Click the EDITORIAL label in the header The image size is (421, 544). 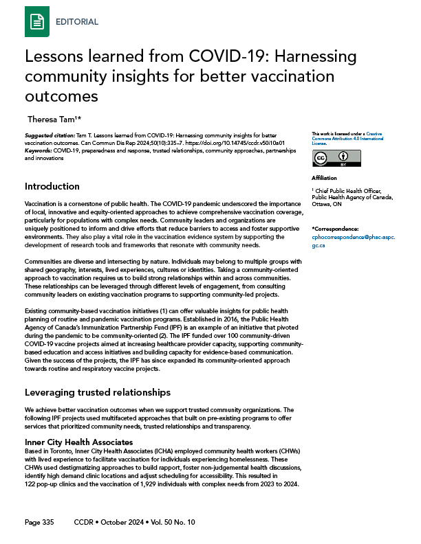click(x=76, y=21)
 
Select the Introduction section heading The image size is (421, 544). click(x=52, y=186)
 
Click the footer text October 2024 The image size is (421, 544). click(x=127, y=522)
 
